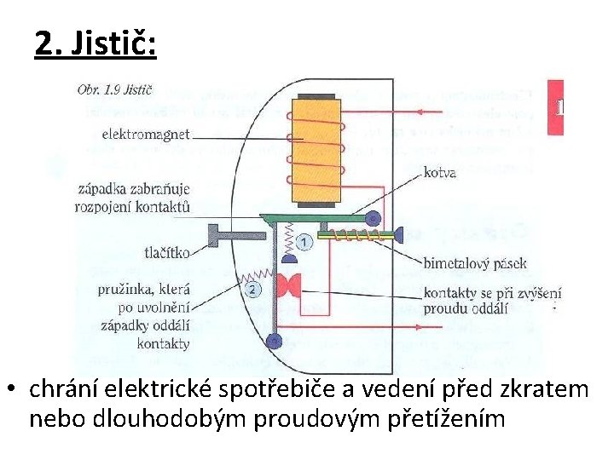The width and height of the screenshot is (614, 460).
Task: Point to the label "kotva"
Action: point(440,172)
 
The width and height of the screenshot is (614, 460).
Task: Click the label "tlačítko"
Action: point(166,251)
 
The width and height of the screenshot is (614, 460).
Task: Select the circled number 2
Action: point(253,290)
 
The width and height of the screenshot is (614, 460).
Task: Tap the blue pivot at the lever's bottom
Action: point(273,342)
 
